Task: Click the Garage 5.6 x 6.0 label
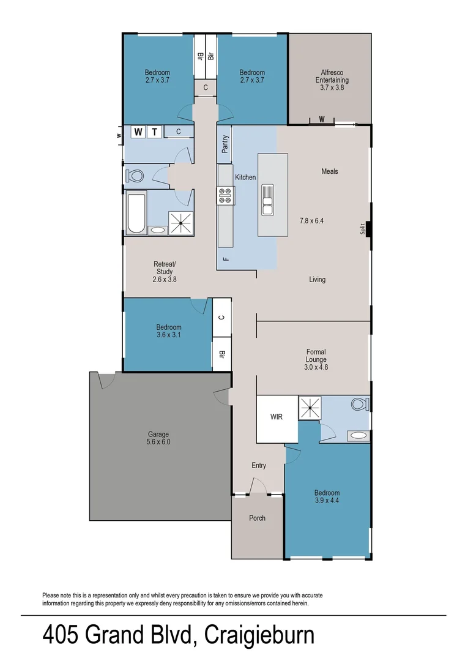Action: coord(158,438)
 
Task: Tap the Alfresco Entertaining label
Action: coord(332,80)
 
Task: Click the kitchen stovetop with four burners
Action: coord(225,195)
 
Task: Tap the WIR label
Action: coord(277,417)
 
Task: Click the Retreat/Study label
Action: coord(164,272)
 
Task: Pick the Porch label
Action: coord(258,518)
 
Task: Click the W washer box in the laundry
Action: coord(138,132)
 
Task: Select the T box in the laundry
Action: coord(155,132)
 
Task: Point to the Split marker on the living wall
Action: coord(363,228)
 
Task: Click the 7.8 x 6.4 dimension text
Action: coord(311,220)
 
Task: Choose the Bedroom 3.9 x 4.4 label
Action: coord(327,497)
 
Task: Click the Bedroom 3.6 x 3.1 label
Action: coord(168,331)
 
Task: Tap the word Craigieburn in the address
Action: coord(259,635)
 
